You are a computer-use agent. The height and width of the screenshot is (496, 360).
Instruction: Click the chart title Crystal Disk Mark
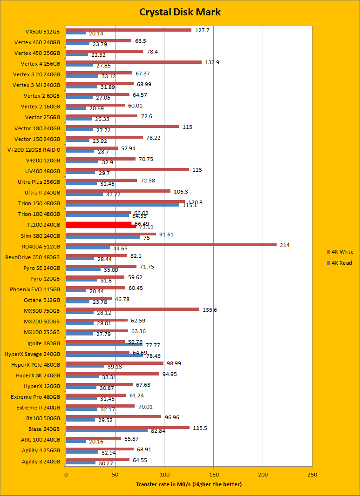(x=180, y=12)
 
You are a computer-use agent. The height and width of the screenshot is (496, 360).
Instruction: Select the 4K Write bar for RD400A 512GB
(x=171, y=245)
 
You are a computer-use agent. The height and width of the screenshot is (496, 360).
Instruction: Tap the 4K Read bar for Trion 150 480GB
(x=122, y=205)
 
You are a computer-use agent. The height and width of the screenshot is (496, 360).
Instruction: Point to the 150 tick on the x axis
(x=213, y=475)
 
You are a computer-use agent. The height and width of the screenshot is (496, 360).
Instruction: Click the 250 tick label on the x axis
(x=312, y=475)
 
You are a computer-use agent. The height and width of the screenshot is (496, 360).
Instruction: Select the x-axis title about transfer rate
(x=189, y=484)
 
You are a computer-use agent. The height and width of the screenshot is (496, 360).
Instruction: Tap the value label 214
(x=285, y=245)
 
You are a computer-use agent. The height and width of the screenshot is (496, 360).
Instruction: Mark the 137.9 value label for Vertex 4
(x=212, y=62)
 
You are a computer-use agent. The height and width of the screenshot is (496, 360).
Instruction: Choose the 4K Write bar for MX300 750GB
(x=132, y=309)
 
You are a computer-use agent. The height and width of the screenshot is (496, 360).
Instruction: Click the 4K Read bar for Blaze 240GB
(x=107, y=430)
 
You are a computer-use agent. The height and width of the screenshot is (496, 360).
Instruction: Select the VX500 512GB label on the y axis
(x=43, y=32)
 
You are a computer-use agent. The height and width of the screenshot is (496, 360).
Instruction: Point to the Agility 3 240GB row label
(x=41, y=462)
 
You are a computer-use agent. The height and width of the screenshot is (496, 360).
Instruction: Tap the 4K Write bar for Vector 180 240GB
(x=122, y=127)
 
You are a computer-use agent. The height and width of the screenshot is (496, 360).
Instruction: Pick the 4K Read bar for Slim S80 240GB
(x=102, y=237)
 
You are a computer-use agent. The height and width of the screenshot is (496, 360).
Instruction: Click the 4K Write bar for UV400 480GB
(x=127, y=170)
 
